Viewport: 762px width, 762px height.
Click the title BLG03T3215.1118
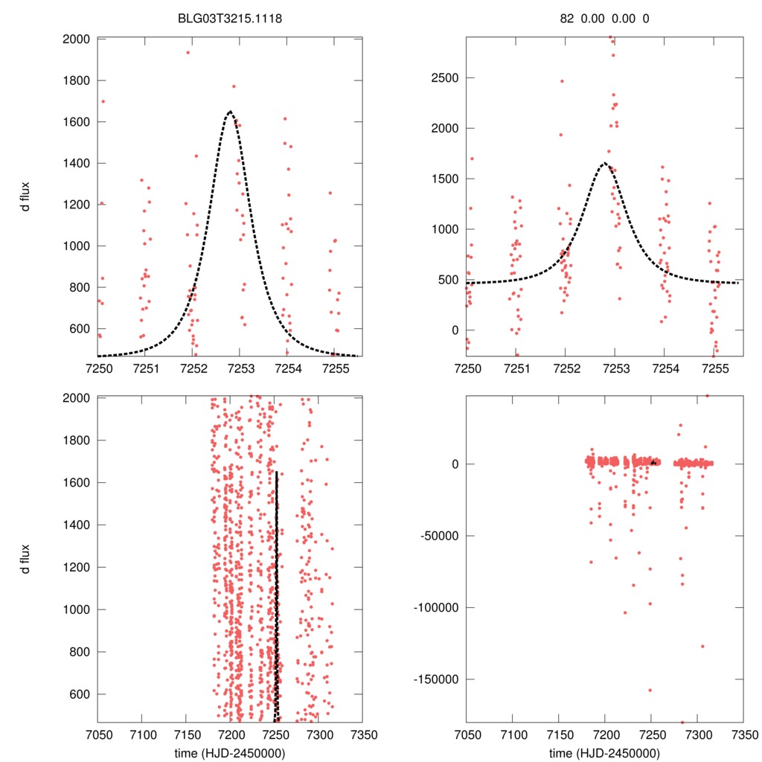230,19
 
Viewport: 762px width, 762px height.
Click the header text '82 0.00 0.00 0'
604,19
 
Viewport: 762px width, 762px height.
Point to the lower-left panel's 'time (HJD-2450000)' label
230,752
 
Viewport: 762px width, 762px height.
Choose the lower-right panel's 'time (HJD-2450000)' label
604,752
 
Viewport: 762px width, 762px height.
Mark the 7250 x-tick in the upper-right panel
467,368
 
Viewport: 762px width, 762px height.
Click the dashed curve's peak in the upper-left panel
230,112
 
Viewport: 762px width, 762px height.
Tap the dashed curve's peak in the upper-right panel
604,162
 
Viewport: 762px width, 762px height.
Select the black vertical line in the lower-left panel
277,595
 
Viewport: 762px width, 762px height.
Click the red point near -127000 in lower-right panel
702,646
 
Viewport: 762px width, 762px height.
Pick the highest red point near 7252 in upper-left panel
188,52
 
